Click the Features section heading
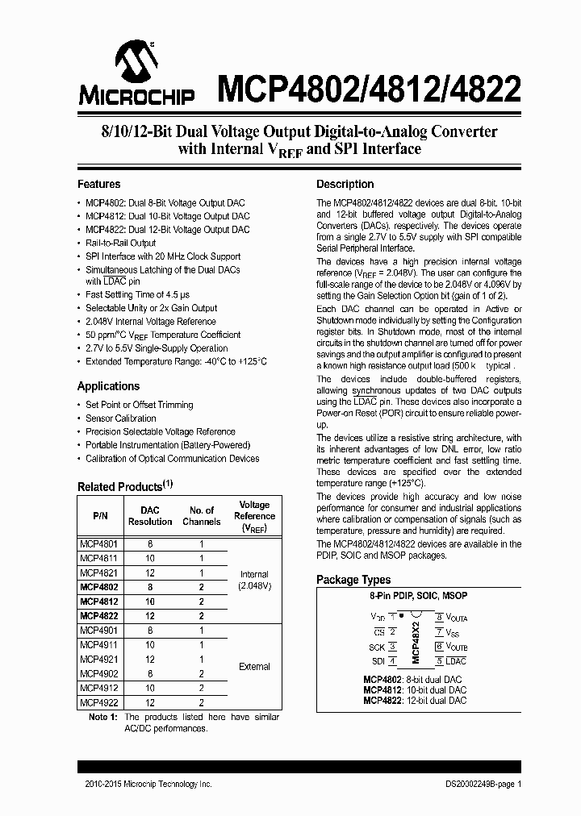click(98, 184)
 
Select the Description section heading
click(345, 184)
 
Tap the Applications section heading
click(108, 386)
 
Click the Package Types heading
click(353, 580)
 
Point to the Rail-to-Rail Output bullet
click(120, 243)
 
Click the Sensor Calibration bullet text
click(121, 418)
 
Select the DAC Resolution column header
click(150, 516)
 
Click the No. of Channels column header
click(201, 516)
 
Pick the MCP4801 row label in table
click(98, 544)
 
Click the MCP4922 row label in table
click(98, 702)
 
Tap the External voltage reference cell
click(255, 667)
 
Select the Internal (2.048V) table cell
click(255, 580)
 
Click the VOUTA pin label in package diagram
click(457, 618)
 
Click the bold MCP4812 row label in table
click(98, 602)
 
